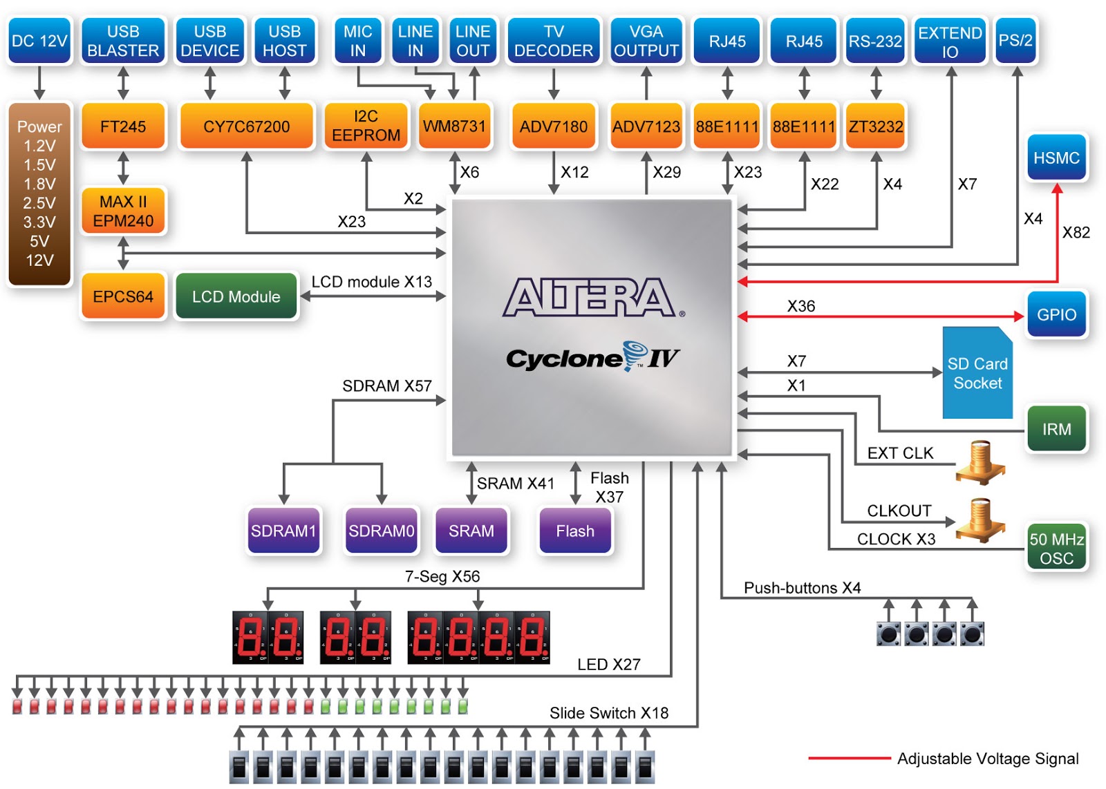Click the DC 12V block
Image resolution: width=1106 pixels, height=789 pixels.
click(x=39, y=41)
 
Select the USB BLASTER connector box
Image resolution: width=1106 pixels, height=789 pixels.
click(x=123, y=41)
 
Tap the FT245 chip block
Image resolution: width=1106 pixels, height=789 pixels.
click(x=123, y=126)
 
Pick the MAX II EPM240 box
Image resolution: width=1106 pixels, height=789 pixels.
click(x=123, y=211)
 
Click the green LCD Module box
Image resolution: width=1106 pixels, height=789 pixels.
click(x=236, y=296)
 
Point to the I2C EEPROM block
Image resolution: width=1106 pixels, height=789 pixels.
click(x=366, y=126)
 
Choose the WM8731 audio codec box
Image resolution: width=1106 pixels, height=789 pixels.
click(x=454, y=126)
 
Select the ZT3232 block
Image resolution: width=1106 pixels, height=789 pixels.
click(x=876, y=126)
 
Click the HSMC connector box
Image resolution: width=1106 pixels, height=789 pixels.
click(x=1056, y=158)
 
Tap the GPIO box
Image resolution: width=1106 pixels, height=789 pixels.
click(x=1056, y=314)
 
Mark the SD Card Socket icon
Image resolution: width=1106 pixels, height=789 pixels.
click(x=977, y=373)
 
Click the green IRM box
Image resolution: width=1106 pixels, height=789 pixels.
click(x=1056, y=429)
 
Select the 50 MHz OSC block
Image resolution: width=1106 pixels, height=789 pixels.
click(x=1056, y=548)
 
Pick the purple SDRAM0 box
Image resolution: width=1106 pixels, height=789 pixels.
click(x=381, y=531)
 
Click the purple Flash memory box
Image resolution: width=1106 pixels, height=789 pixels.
click(x=575, y=531)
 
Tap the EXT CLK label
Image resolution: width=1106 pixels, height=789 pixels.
click(x=900, y=453)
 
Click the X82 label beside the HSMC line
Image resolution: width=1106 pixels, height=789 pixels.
click(x=1076, y=233)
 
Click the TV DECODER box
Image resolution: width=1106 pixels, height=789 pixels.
click(x=554, y=41)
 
